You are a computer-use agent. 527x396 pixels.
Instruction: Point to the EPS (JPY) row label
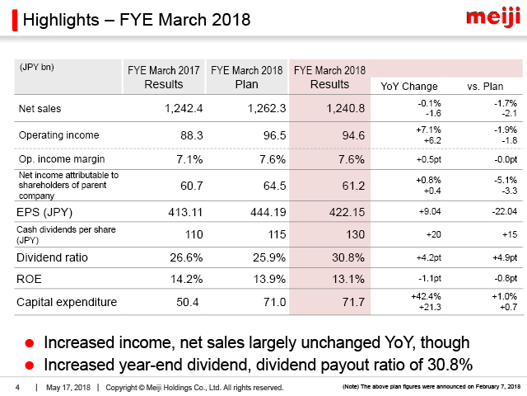[46, 210]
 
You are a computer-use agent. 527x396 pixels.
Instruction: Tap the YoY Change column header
[409, 87]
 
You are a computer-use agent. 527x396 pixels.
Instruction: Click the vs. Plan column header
[485, 87]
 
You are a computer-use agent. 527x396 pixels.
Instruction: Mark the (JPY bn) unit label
[37, 66]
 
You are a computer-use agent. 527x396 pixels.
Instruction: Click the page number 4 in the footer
[17, 387]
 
